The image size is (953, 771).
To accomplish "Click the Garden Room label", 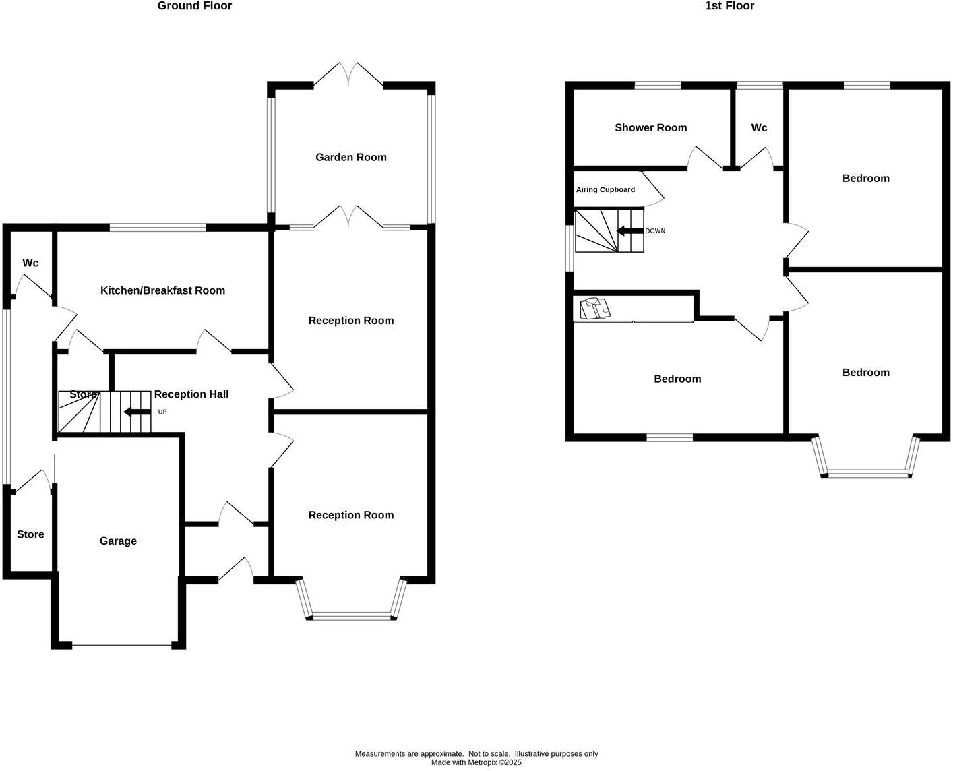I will [350, 157].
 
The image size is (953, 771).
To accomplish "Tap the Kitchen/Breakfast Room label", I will [162, 290].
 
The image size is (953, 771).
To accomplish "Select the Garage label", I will [118, 541].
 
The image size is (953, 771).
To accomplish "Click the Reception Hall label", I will [191, 394].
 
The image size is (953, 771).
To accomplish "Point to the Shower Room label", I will [650, 127].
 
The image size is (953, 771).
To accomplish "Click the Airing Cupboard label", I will [605, 190].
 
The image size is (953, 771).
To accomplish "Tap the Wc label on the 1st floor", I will [759, 127].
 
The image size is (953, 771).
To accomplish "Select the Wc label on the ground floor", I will [30, 263].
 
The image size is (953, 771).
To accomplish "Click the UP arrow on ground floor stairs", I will [137, 412].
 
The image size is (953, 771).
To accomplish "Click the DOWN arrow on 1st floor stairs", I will [629, 231].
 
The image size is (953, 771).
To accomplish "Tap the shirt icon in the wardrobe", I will [595, 309].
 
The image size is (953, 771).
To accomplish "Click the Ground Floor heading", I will [194, 6].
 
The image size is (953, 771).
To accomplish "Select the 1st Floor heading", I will [729, 6].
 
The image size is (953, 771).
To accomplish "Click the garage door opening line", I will [122, 646].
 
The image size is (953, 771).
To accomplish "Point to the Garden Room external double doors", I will [348, 74].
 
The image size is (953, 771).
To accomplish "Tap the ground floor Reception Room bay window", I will [351, 615].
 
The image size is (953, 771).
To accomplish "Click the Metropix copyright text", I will [476, 763].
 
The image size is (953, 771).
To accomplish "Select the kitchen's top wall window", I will [158, 228].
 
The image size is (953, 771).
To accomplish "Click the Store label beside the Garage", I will [30, 534].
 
